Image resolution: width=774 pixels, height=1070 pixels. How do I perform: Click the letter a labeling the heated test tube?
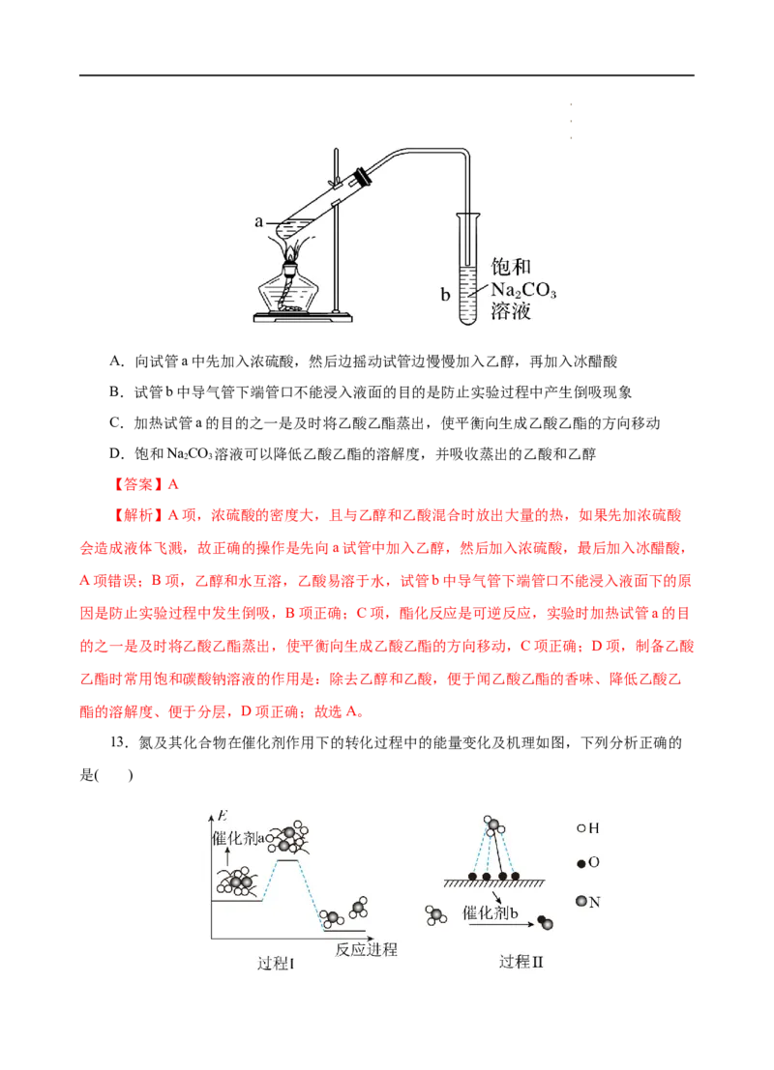[x=258, y=221]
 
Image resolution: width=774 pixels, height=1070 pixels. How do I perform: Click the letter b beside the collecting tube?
[x=445, y=295]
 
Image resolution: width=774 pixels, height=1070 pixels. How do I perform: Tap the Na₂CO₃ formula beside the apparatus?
[x=523, y=290]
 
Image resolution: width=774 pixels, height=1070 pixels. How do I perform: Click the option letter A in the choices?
[x=116, y=361]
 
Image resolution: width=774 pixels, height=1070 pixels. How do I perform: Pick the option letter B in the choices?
[x=116, y=391]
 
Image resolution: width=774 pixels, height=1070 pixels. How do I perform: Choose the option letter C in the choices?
[x=116, y=423]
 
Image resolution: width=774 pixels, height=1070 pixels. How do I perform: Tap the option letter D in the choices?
[x=116, y=453]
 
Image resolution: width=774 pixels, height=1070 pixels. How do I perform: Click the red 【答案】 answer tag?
[x=135, y=484]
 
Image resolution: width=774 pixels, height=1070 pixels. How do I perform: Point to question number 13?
[x=119, y=742]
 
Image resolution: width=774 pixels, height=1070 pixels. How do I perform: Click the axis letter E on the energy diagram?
[x=222, y=816]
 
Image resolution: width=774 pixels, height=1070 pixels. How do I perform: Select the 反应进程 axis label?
[x=366, y=949]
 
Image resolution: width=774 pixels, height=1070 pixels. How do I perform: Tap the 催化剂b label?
[x=490, y=913]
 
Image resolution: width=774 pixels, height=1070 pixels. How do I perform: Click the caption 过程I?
[x=276, y=963]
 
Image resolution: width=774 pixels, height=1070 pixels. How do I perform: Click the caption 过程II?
[x=521, y=962]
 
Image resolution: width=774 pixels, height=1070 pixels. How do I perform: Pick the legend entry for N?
[x=587, y=902]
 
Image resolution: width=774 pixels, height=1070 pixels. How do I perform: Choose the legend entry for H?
[x=587, y=827]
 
